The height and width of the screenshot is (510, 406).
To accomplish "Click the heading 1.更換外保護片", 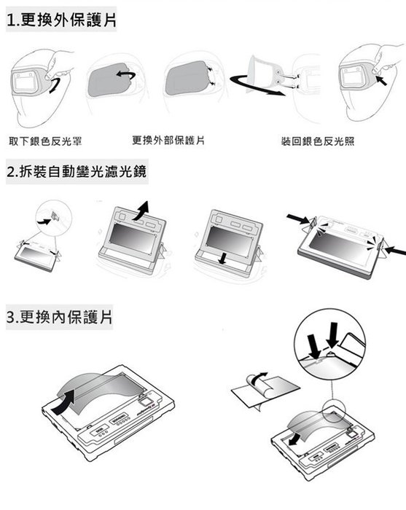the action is [x=61, y=20].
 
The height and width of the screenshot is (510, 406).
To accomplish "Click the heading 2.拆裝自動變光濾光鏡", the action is [x=77, y=171].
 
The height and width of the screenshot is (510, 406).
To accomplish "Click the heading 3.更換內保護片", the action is [x=60, y=316].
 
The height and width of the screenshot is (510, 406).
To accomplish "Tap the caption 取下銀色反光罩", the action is [x=45, y=141].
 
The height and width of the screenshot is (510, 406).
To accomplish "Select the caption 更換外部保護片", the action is [x=168, y=141].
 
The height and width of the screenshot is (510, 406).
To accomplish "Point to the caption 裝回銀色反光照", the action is [x=318, y=141].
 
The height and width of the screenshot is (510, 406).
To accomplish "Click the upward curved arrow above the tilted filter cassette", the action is [x=141, y=211].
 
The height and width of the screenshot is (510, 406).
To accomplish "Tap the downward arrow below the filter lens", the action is [x=223, y=258].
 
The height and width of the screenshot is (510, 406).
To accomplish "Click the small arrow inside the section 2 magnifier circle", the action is [x=44, y=221].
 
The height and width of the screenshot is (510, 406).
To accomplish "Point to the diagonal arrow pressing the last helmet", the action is [x=381, y=80].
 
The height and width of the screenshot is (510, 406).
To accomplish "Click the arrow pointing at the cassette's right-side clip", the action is [x=395, y=251].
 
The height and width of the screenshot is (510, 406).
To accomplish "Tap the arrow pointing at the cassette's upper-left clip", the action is [x=297, y=219].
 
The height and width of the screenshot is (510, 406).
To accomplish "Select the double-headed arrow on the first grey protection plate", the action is [x=126, y=75].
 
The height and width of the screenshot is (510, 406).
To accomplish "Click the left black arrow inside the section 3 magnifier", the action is [x=315, y=346].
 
